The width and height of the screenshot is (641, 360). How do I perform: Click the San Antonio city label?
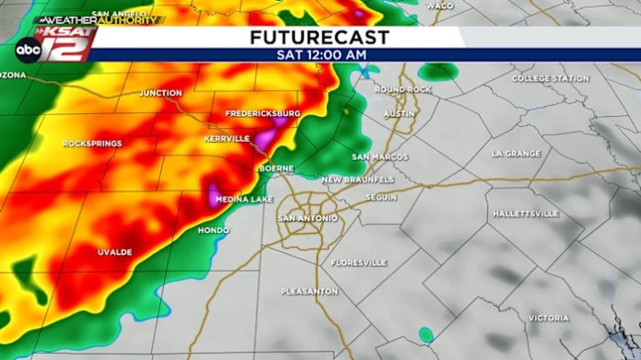pyautogui.click(x=308, y=218)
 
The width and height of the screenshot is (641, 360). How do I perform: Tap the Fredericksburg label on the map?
pyautogui.click(x=263, y=113)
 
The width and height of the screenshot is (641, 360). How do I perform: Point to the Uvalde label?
pyautogui.click(x=115, y=251)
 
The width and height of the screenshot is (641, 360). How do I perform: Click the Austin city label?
pyautogui.click(x=400, y=113)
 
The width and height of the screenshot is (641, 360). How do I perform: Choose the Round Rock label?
pyautogui.click(x=402, y=89)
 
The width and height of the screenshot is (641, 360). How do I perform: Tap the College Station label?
pyautogui.click(x=551, y=78)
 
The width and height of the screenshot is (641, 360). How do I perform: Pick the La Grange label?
pyautogui.click(x=516, y=153)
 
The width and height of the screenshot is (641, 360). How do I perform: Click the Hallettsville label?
pyautogui.click(x=526, y=214)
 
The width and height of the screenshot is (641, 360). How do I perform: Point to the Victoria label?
pyautogui.click(x=549, y=318)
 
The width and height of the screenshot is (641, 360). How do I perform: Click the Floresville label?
pyautogui.click(x=359, y=262)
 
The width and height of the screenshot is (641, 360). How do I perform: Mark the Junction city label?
pyautogui.click(x=161, y=93)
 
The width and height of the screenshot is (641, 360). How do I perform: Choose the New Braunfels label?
pyautogui.click(x=357, y=179)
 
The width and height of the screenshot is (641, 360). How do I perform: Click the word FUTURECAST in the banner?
pyautogui.click(x=320, y=38)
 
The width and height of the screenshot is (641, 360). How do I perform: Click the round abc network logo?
pyautogui.click(x=28, y=51)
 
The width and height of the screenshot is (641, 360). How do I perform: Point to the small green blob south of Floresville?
pyautogui.click(x=425, y=334)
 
